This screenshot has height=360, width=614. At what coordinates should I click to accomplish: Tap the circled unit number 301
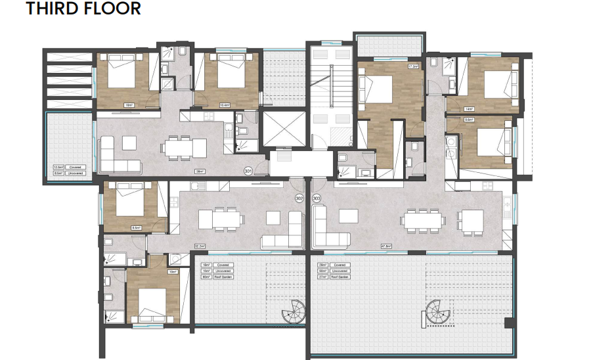tap(248, 171)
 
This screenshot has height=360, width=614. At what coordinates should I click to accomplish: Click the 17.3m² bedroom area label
tap(413, 67)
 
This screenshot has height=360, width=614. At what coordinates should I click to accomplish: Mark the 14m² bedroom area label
tap(468, 109)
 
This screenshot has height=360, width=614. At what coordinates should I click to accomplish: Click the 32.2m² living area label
tap(199, 246)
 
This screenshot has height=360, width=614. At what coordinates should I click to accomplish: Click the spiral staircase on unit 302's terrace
tap(294, 310)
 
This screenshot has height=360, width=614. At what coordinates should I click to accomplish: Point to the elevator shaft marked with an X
tap(284, 127)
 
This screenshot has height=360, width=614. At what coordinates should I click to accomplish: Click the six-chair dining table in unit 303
tap(423, 221)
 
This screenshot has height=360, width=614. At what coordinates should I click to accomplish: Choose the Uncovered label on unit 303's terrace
tap(341, 271)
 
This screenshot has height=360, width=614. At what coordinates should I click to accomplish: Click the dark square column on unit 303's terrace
tap(508, 323)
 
